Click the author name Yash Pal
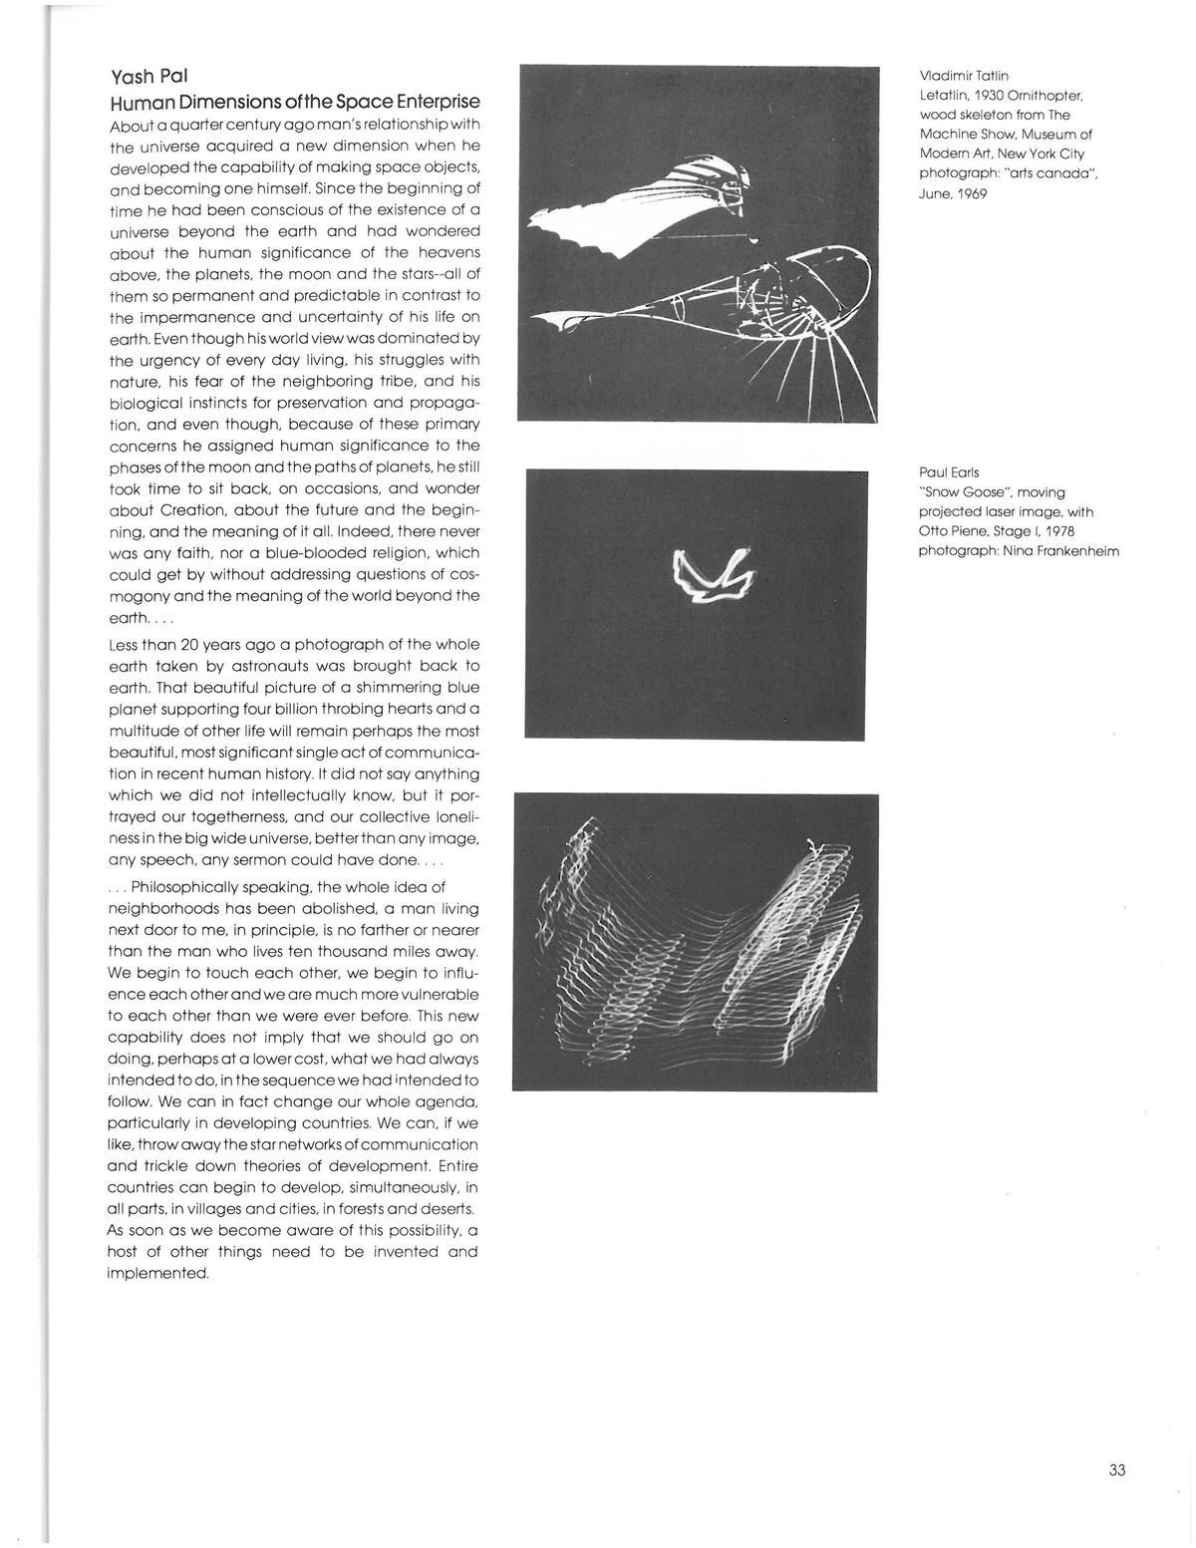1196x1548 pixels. click(149, 77)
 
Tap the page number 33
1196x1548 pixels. click(1116, 1469)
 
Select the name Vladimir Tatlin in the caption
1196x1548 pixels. click(964, 76)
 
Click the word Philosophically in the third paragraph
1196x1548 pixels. click(191, 887)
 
